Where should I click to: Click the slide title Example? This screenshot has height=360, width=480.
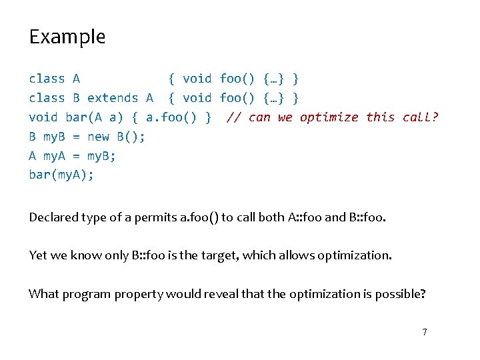pos(67,37)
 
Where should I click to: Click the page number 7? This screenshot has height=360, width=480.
pos(424,331)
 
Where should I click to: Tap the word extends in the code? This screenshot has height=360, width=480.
pos(113,98)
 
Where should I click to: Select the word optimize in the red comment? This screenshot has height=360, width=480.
pos(329,117)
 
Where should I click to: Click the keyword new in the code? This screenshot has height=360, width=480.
pos(98,137)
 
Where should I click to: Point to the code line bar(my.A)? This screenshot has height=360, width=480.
pos(61,175)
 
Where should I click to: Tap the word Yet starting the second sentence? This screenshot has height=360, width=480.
pos(37,255)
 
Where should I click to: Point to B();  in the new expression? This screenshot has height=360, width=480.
pos(131,137)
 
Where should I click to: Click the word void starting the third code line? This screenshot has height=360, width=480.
pos(43,117)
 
